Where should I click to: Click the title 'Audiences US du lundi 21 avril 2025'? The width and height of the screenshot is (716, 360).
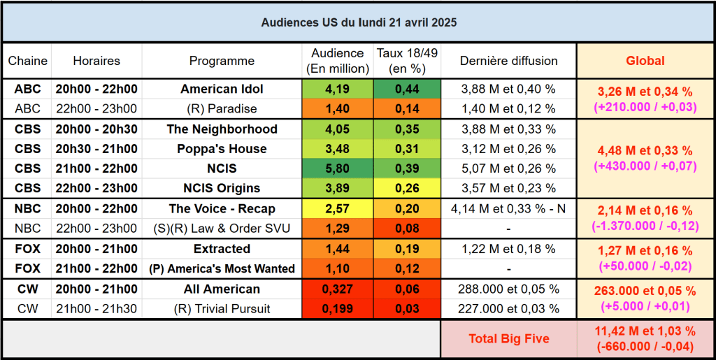coord(359,22)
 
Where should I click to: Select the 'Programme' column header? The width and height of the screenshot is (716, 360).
coord(222,61)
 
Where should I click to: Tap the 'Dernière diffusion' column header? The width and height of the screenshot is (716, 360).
coord(508,61)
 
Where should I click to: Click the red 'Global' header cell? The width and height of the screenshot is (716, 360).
coord(645,61)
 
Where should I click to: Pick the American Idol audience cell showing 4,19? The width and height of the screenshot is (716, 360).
coord(337,89)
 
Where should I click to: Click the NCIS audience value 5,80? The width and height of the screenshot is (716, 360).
coord(337,168)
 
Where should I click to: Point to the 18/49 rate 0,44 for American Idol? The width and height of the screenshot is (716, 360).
coord(407,89)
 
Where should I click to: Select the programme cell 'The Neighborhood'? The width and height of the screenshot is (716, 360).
coord(222,129)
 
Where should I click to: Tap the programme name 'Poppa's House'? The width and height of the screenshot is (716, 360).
coord(222,149)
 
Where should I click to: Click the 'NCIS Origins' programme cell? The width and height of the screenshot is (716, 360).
coord(222,188)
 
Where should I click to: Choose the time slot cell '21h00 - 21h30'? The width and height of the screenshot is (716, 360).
coord(96,308)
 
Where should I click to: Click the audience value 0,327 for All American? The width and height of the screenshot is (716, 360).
coord(337,289)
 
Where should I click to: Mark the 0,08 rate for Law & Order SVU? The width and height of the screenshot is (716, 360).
coord(407,228)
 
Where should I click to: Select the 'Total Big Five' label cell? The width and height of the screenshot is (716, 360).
coord(508,339)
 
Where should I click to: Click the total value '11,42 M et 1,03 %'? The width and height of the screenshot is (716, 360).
coord(645,331)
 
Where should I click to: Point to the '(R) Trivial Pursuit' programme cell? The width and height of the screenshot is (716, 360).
coord(222,308)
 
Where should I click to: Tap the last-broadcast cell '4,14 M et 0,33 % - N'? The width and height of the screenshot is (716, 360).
coord(508,208)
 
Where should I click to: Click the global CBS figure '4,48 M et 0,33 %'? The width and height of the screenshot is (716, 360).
coord(645,151)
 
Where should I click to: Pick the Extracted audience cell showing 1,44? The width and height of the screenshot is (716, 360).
coord(337,249)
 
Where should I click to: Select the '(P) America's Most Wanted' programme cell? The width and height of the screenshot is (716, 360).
coord(222,268)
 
